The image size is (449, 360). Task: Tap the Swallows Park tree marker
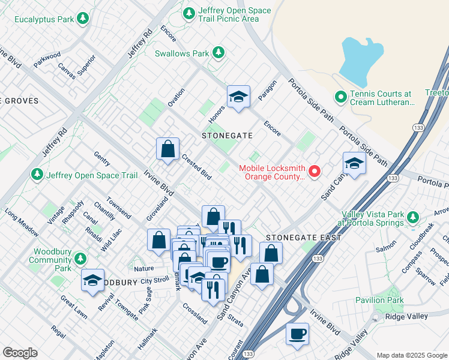pyautogui.click(x=218, y=53)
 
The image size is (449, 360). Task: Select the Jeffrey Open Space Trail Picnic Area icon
pyautogui.click(x=189, y=12)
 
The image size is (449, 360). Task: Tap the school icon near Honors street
pyautogui.click(x=238, y=97)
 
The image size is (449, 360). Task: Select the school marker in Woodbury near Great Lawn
pyautogui.click(x=93, y=280)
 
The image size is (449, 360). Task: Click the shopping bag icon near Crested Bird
pyautogui.click(x=168, y=148)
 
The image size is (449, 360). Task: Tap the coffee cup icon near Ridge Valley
pyautogui.click(x=297, y=334)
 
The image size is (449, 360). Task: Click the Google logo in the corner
pyautogui.click(x=20, y=353)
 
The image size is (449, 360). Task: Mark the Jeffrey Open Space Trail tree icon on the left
pyautogui.click(x=37, y=175)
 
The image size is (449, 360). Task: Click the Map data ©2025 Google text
pyautogui.click(x=411, y=355)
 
